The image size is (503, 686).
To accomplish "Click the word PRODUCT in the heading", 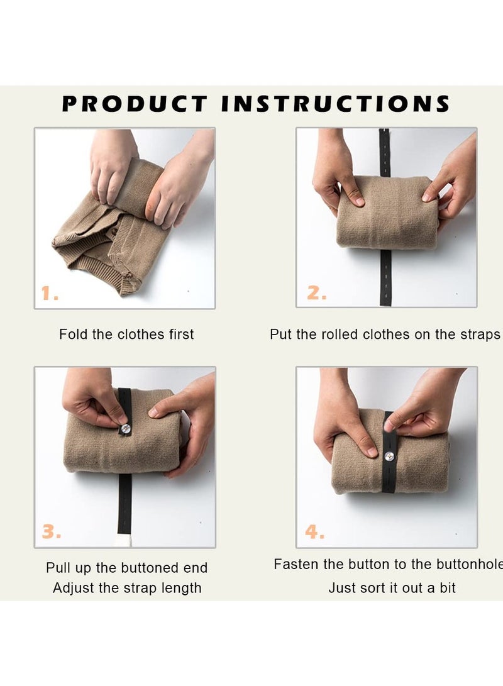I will coord(135,104).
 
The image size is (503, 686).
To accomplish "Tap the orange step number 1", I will coord(50,293).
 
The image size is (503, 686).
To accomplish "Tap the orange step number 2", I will coord(316,293).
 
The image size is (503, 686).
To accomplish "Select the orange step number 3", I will coord(51,533).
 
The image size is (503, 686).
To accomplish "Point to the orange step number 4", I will coord(315,533).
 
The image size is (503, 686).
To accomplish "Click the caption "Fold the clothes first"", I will coord(126,335).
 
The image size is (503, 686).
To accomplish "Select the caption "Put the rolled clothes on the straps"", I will coord(385,335).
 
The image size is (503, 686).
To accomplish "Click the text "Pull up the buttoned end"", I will coord(126,568).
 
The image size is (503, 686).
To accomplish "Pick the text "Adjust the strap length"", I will coord(127,588).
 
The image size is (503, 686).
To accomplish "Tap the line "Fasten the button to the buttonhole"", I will coord(387,565).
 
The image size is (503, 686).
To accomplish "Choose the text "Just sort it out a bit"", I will coord(392,588).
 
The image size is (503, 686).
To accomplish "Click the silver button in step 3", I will coord(125,428).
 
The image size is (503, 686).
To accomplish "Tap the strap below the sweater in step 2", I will coord(385,277).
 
